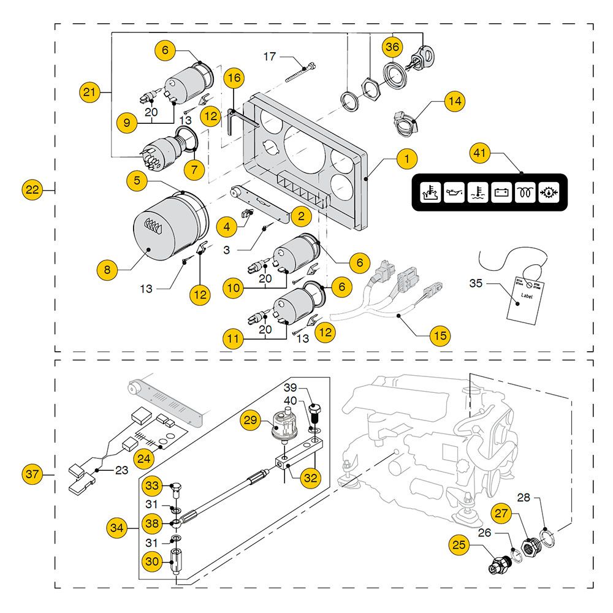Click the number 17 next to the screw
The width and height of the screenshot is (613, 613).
[270, 57]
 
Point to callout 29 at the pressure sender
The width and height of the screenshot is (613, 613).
[250, 420]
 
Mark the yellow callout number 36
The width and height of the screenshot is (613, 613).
[392, 47]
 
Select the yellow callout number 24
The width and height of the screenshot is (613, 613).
[144, 458]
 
